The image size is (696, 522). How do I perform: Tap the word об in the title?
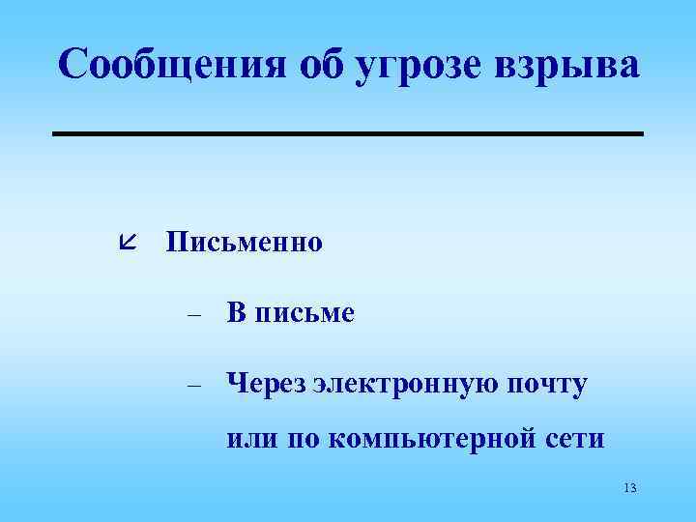(310, 65)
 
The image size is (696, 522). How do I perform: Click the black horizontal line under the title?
(347, 133)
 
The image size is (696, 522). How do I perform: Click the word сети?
(576, 439)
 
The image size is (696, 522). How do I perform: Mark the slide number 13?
(630, 487)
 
